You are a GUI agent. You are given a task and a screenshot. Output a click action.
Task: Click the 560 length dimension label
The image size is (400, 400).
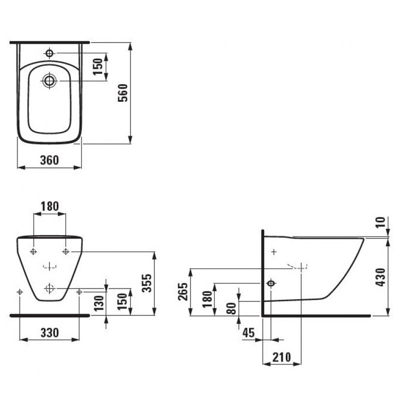point(122,93)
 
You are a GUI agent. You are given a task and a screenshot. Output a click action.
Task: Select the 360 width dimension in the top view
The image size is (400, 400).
point(49,160)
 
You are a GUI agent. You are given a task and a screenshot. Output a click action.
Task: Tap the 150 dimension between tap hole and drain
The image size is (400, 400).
point(97,66)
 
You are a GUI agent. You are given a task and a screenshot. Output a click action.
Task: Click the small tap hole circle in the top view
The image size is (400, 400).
point(49,53)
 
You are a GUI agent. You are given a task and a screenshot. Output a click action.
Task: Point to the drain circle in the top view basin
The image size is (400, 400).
point(49,80)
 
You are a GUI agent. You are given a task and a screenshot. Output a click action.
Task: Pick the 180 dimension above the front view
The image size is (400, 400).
point(49,206)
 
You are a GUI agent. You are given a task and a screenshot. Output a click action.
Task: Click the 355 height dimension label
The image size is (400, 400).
point(147,283)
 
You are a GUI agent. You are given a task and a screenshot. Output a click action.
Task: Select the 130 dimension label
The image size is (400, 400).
point(99,303)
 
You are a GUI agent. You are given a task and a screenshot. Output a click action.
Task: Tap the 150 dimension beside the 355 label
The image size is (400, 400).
point(122,301)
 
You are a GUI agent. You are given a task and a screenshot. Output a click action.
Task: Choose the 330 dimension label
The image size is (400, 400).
point(49,332)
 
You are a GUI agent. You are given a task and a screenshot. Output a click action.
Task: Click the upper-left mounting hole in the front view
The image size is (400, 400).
point(33,251)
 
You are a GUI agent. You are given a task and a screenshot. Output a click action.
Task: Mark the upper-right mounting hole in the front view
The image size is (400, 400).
point(66,251)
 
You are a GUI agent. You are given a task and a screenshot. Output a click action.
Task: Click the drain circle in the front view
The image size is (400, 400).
point(49,288)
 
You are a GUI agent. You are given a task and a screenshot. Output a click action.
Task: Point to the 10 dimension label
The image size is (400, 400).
point(380,222)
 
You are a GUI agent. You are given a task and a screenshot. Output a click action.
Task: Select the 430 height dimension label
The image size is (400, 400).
point(380,277)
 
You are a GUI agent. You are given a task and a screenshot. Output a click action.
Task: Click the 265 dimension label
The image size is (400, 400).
point(183,291)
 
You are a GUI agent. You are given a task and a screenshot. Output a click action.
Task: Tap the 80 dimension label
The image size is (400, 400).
point(231,308)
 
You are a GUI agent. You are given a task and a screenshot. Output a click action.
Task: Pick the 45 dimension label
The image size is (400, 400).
point(248,332)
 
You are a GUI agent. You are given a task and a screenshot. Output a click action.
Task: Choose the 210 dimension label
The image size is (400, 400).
point(281,357)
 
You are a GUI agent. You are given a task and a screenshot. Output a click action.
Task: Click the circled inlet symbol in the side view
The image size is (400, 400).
point(271,283)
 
